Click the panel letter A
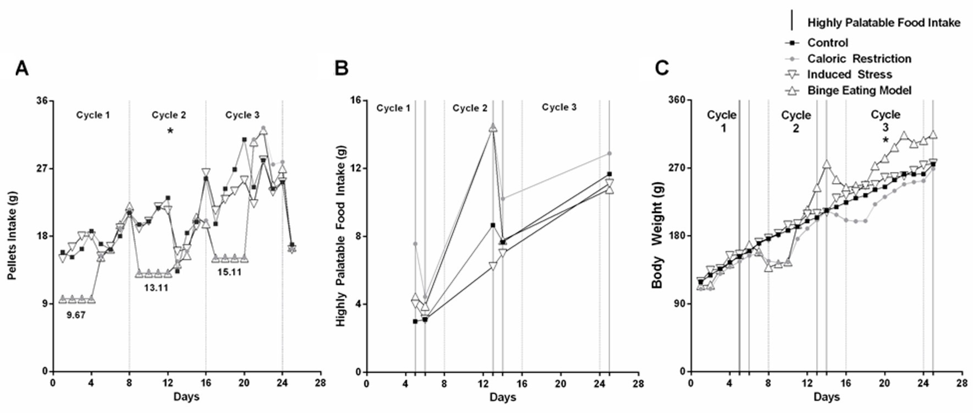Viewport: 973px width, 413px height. [22, 69]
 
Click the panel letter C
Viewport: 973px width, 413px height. [662, 69]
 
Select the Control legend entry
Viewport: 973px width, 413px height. [827, 43]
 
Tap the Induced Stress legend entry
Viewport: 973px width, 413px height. [849, 74]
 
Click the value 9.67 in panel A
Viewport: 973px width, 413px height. [76, 315]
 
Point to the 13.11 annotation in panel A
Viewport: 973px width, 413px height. [156, 288]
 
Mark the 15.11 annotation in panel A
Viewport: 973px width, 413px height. [229, 272]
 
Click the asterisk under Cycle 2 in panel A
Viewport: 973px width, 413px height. [170, 131]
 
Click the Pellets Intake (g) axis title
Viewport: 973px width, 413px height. [12, 235]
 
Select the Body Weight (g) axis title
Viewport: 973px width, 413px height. [658, 235]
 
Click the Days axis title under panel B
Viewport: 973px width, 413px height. [502, 397]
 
